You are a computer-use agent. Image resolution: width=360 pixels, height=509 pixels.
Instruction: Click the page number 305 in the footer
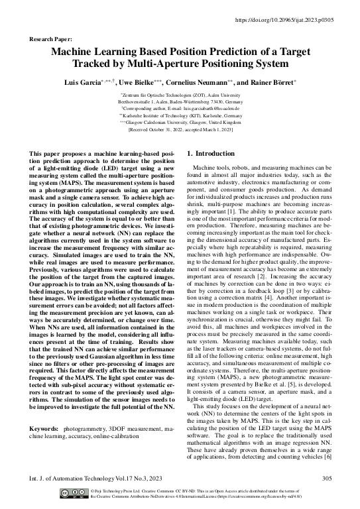pos(325,477)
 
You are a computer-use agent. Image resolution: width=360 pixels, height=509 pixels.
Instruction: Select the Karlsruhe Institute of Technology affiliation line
pos(180,116)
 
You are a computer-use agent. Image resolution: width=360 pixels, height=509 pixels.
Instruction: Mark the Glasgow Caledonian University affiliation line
pos(180,123)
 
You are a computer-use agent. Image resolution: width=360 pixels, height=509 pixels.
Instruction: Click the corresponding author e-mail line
pos(180,109)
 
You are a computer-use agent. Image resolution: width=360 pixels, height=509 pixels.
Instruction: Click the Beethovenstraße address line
pos(180,103)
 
